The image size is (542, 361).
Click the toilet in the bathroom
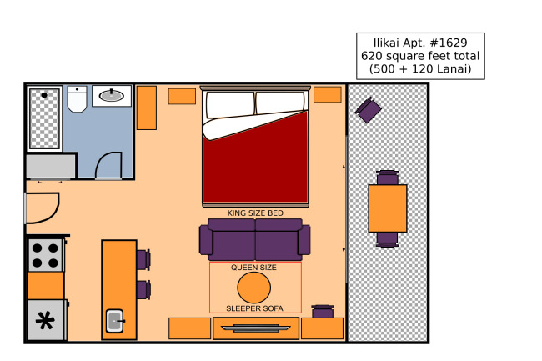tap(77, 99)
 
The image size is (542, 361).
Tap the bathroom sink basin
tap(111, 95)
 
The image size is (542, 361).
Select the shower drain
tap(44, 95)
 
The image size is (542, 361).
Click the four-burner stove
tap(46, 255)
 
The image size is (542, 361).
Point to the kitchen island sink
tap(115, 321)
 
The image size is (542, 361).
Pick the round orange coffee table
tap(254, 288)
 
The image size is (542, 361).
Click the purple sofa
tap(255, 240)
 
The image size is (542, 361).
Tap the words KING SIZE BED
tap(255, 213)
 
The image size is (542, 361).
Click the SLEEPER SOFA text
tap(255, 308)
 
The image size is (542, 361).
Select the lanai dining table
tap(388, 208)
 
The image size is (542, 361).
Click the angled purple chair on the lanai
tap(368, 110)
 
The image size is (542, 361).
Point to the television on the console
tap(256, 328)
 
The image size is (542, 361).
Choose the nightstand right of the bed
tap(328, 95)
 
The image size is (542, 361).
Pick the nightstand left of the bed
tap(182, 96)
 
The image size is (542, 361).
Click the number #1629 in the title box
tap(449, 43)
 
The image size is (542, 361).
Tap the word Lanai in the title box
tap(454, 68)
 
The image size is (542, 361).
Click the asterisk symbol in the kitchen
tap(45, 321)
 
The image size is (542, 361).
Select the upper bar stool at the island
tap(143, 260)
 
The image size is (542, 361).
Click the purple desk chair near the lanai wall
tap(323, 311)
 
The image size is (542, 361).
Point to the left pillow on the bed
tap(230, 105)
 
